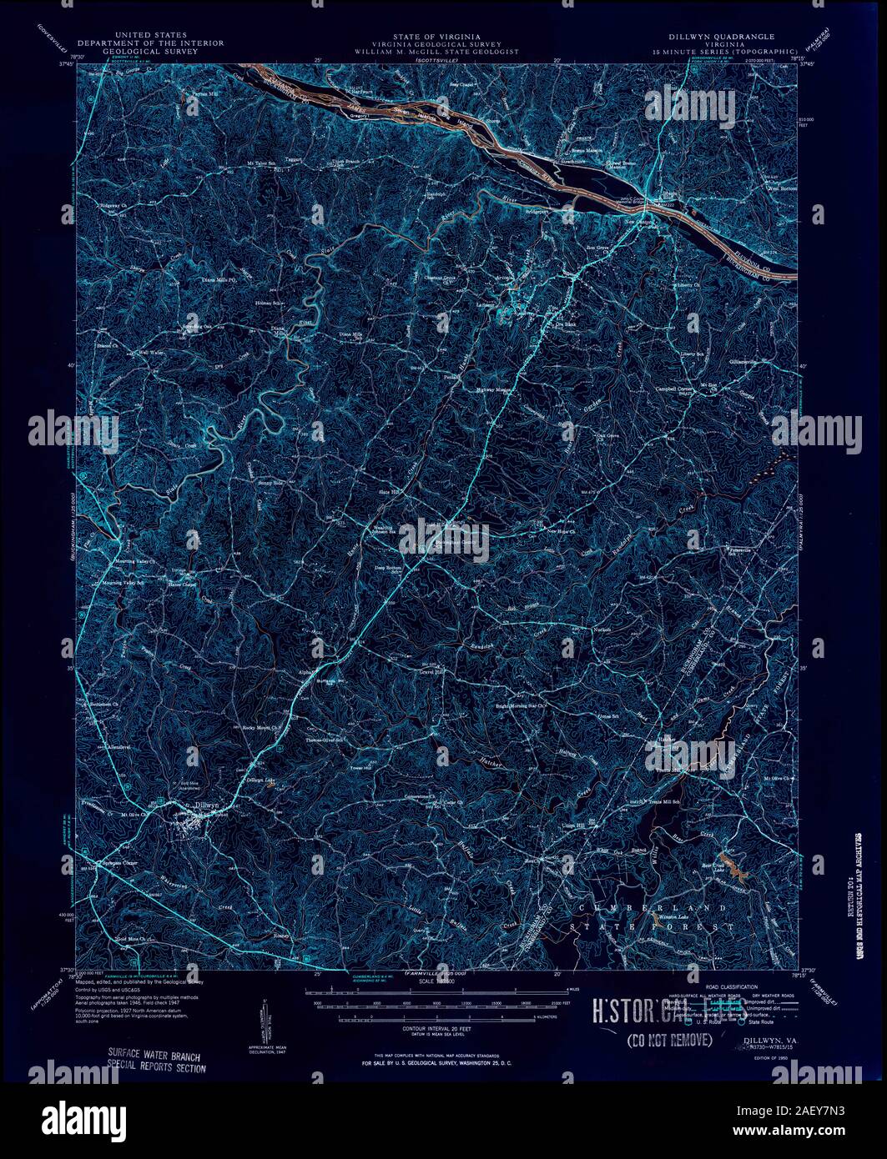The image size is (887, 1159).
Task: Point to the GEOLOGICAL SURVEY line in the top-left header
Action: (x=129, y=51)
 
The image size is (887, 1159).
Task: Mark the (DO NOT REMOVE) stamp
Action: (x=668, y=1040)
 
